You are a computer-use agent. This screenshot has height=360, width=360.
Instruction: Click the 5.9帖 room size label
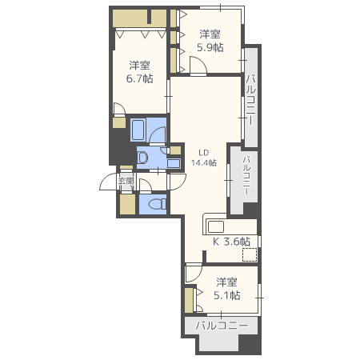pos(212,47)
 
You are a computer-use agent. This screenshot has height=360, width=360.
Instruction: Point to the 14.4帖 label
pos(204,162)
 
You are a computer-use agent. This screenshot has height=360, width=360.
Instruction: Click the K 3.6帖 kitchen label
pos(231,241)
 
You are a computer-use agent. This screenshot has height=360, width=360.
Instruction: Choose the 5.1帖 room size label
pos(227,295)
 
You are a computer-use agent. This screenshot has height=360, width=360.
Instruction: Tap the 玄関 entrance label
pos(126,181)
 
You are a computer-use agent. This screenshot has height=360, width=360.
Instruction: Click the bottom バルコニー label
pos(222,326)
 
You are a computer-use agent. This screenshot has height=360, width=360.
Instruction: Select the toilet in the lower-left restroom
pos(157,204)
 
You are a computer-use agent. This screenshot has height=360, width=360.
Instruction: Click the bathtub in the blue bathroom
pos(138,131)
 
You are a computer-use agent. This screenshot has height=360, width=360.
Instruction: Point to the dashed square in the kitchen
pos(250,254)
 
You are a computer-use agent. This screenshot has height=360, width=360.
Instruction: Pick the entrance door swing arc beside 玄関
pos(110,183)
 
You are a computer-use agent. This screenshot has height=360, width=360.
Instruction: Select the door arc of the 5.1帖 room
pos(193,274)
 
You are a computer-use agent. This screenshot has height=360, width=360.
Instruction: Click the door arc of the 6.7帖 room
pos(120,110)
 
